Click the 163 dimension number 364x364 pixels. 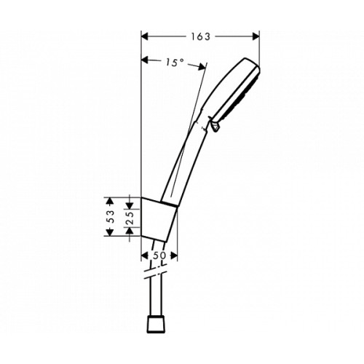point(201,36)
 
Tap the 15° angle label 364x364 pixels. point(175,63)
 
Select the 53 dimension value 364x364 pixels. point(110,216)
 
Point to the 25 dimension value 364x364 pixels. point(130,218)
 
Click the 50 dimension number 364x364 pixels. point(159,256)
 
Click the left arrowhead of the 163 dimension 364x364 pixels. point(145,36)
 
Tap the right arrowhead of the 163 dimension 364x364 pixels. point(256,36)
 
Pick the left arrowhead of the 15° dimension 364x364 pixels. point(145,60)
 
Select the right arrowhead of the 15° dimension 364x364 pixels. point(202,67)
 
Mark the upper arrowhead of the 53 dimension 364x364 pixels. point(110,201)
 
